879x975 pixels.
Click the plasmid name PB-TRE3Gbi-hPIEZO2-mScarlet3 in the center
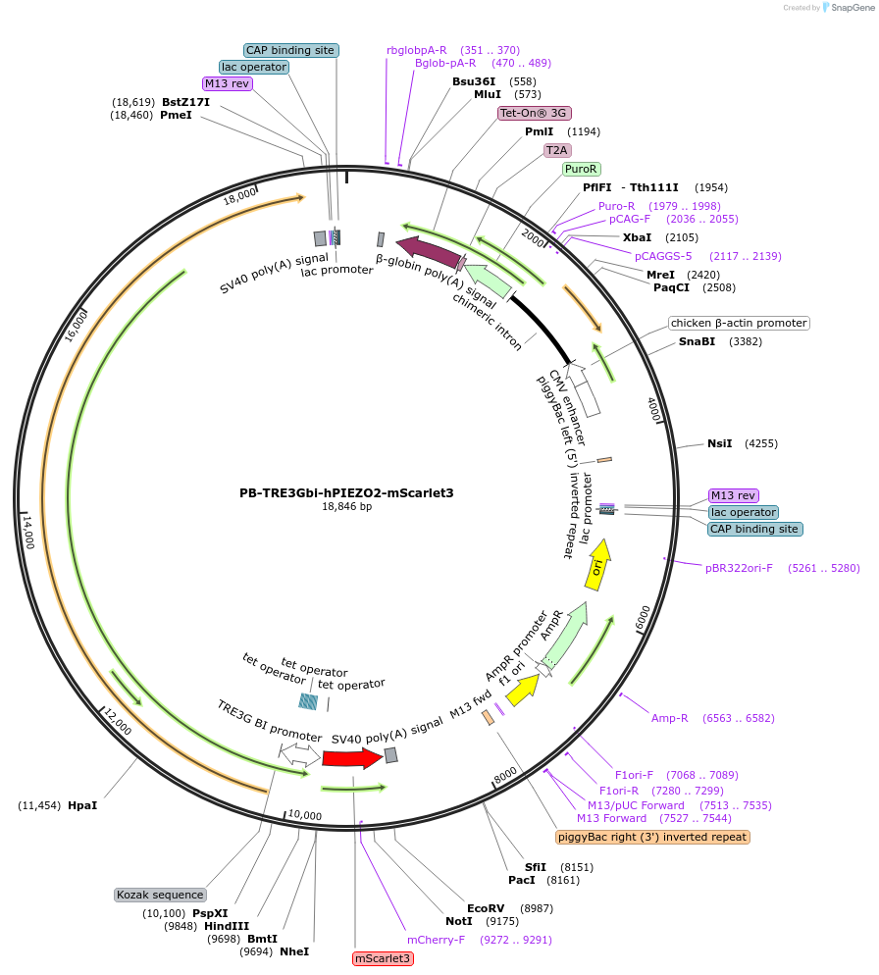point(346,493)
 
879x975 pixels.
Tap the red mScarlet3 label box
point(383,958)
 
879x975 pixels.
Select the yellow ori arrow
point(598,565)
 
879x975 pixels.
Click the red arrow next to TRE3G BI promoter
point(353,758)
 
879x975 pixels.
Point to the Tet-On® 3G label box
point(535,113)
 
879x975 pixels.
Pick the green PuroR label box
point(581,169)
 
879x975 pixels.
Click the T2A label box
point(557,150)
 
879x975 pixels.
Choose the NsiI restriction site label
point(720,443)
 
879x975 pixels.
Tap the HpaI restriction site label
point(82,805)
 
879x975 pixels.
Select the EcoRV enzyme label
point(486,908)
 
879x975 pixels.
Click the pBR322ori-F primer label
point(739,568)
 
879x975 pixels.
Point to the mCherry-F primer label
point(437,940)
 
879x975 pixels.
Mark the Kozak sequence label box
point(161,895)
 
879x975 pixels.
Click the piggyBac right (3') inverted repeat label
point(652,837)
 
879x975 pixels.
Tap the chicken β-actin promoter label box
point(739,324)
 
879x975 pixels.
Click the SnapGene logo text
point(853,8)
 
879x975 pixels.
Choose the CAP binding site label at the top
point(290,50)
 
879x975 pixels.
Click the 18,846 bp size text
point(346,507)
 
